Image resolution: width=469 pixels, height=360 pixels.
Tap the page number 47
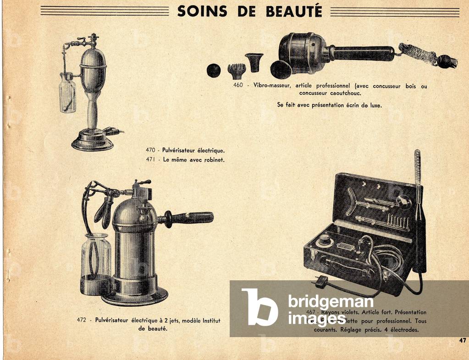coord(463,340)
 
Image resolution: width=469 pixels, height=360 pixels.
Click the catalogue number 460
coord(238,86)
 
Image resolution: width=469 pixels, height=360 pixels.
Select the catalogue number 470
coord(151,150)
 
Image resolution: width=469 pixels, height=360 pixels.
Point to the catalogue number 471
coord(151,160)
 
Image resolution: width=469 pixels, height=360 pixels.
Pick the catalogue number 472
coord(83,321)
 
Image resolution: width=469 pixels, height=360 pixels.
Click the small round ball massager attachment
coord(213,70)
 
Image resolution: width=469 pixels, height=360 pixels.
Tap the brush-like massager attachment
coord(237,70)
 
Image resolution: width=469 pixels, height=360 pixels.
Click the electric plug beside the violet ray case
coord(321,281)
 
